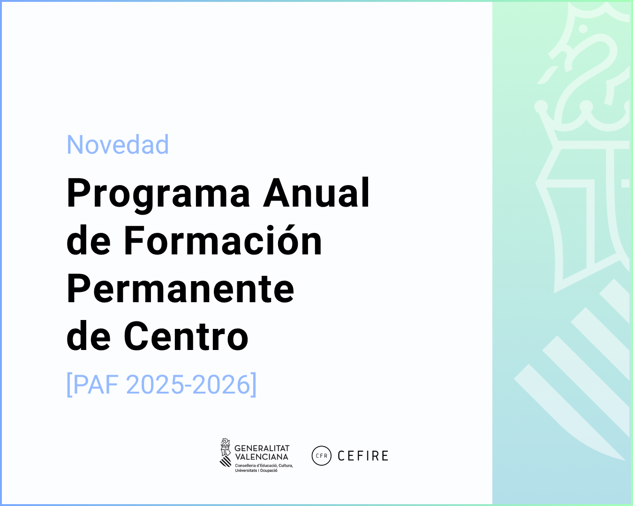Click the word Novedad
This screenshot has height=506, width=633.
click(118, 145)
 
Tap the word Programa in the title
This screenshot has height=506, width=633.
click(158, 193)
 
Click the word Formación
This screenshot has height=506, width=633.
click(223, 241)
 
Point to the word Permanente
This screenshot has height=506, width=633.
click(181, 289)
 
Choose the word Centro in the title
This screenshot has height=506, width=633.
click(186, 336)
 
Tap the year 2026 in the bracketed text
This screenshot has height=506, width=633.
click(222, 385)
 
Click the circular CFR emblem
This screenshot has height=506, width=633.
click(322, 455)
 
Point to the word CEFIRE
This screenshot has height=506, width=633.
click(363, 456)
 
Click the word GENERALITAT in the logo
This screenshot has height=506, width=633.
click(262, 448)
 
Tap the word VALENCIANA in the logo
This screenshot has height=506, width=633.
click(262, 457)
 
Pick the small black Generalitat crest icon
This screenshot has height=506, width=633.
click(226, 453)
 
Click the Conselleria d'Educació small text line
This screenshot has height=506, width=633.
click(264, 466)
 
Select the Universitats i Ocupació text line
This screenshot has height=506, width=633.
click(256, 470)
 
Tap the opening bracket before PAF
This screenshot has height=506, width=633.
click(69, 385)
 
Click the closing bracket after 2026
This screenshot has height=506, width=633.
click(254, 385)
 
